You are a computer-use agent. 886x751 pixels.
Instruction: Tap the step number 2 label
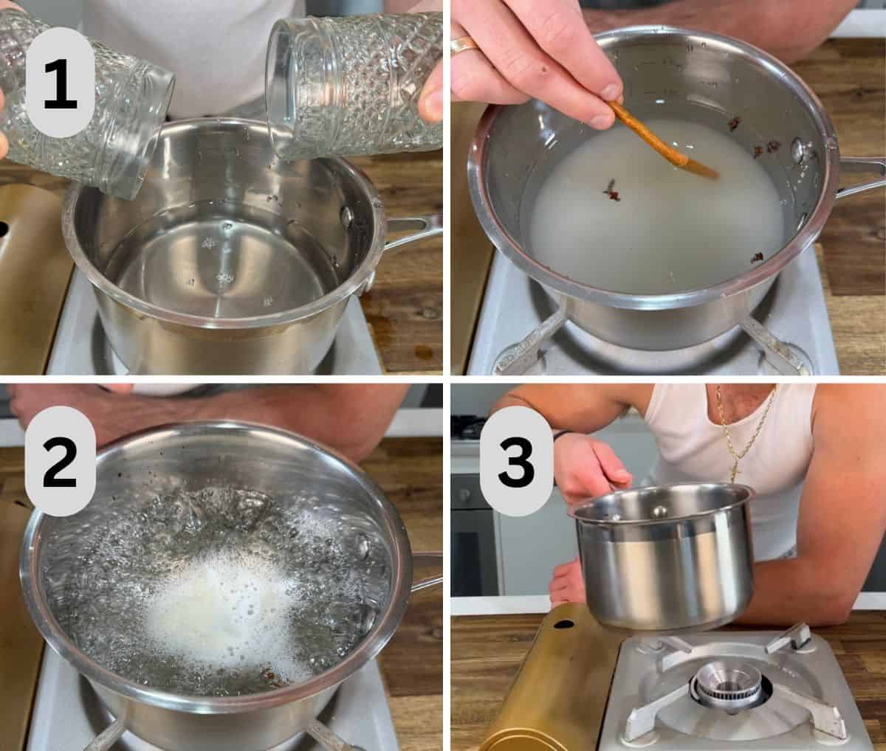pos(60,462)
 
